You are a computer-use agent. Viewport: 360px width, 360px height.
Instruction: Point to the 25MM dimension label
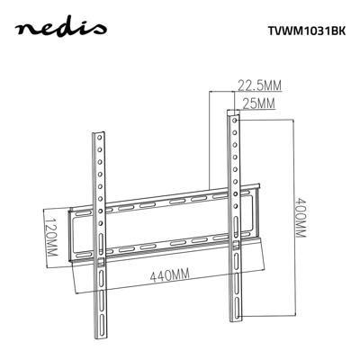point(258,104)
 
